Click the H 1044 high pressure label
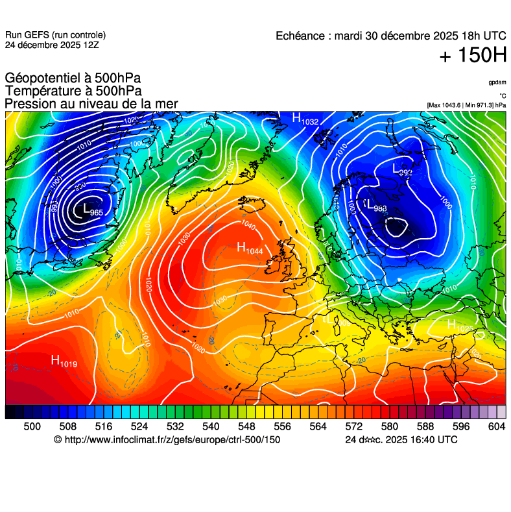click(x=250, y=248)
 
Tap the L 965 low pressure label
click(x=89, y=210)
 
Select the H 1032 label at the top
click(x=305, y=119)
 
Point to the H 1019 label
click(x=64, y=361)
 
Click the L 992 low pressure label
click(x=402, y=169)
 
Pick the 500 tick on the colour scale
click(x=32, y=426)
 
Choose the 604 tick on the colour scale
click(x=497, y=426)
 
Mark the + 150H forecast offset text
click(x=473, y=56)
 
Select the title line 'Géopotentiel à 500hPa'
click(x=73, y=79)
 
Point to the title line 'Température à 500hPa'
click(x=73, y=91)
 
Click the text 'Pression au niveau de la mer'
click(x=91, y=104)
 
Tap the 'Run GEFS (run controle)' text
click(x=55, y=35)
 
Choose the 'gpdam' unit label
click(x=497, y=82)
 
